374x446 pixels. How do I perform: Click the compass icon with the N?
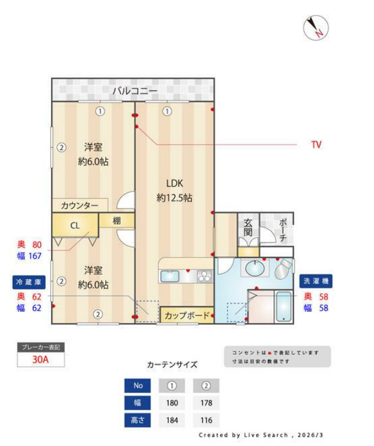point(315,28)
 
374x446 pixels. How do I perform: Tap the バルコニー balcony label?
point(135,91)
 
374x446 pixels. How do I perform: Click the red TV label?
point(316,144)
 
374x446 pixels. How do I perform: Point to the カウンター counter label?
point(79,206)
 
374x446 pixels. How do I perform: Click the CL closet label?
point(75,226)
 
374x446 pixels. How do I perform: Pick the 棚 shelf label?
point(117,221)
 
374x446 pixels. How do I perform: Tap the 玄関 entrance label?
point(248,227)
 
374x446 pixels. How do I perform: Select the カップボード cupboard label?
point(186,315)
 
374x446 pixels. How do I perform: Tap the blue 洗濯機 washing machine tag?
point(316,281)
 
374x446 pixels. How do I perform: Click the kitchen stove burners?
point(204,276)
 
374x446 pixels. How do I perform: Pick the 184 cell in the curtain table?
point(171,420)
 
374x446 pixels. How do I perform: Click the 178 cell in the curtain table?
point(206,403)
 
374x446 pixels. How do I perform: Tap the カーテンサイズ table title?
point(171,365)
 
